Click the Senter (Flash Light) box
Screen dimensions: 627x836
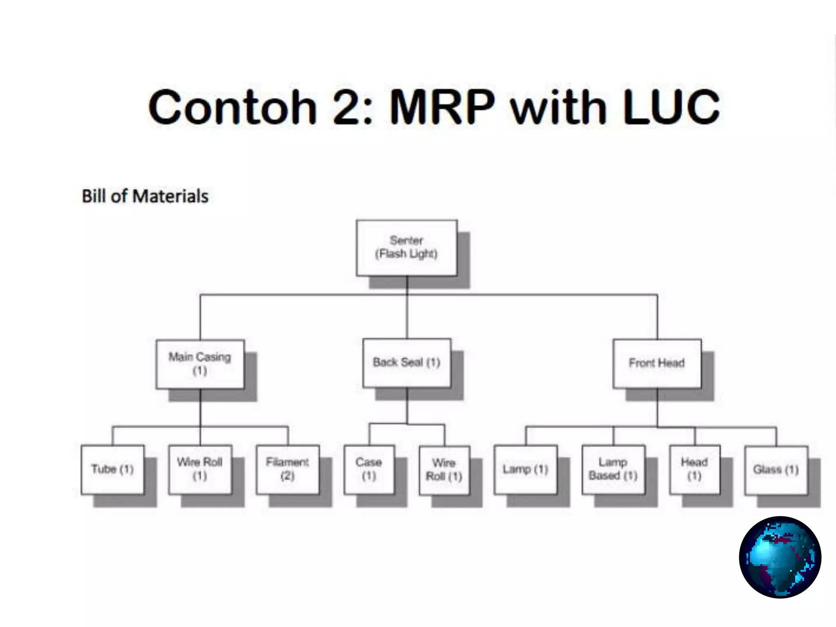pyautogui.click(x=407, y=248)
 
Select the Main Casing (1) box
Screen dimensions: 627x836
pyautogui.click(x=200, y=364)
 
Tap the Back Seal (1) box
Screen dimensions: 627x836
pyautogui.click(x=407, y=362)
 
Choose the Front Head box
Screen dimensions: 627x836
pyautogui.click(x=657, y=363)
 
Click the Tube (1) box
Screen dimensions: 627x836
pyautogui.click(x=113, y=469)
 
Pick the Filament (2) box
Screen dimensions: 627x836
pyautogui.click(x=287, y=469)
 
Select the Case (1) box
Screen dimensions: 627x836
pyautogui.click(x=369, y=469)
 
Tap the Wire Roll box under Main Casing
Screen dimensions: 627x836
pyautogui.click(x=200, y=469)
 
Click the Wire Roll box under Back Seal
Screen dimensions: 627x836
pyautogui.click(x=444, y=470)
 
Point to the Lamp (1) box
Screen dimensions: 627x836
pyautogui.click(x=525, y=469)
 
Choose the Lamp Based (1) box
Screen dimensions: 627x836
pyautogui.click(x=613, y=469)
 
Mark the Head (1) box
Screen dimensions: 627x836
pyautogui.click(x=694, y=469)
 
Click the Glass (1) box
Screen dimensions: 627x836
pyautogui.click(x=776, y=470)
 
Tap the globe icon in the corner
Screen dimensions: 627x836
pyautogui.click(x=780, y=557)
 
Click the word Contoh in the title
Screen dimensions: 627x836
pyautogui.click(x=233, y=107)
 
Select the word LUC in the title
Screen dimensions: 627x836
pyautogui.click(x=671, y=107)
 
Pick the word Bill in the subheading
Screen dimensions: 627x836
pyautogui.click(x=94, y=196)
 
